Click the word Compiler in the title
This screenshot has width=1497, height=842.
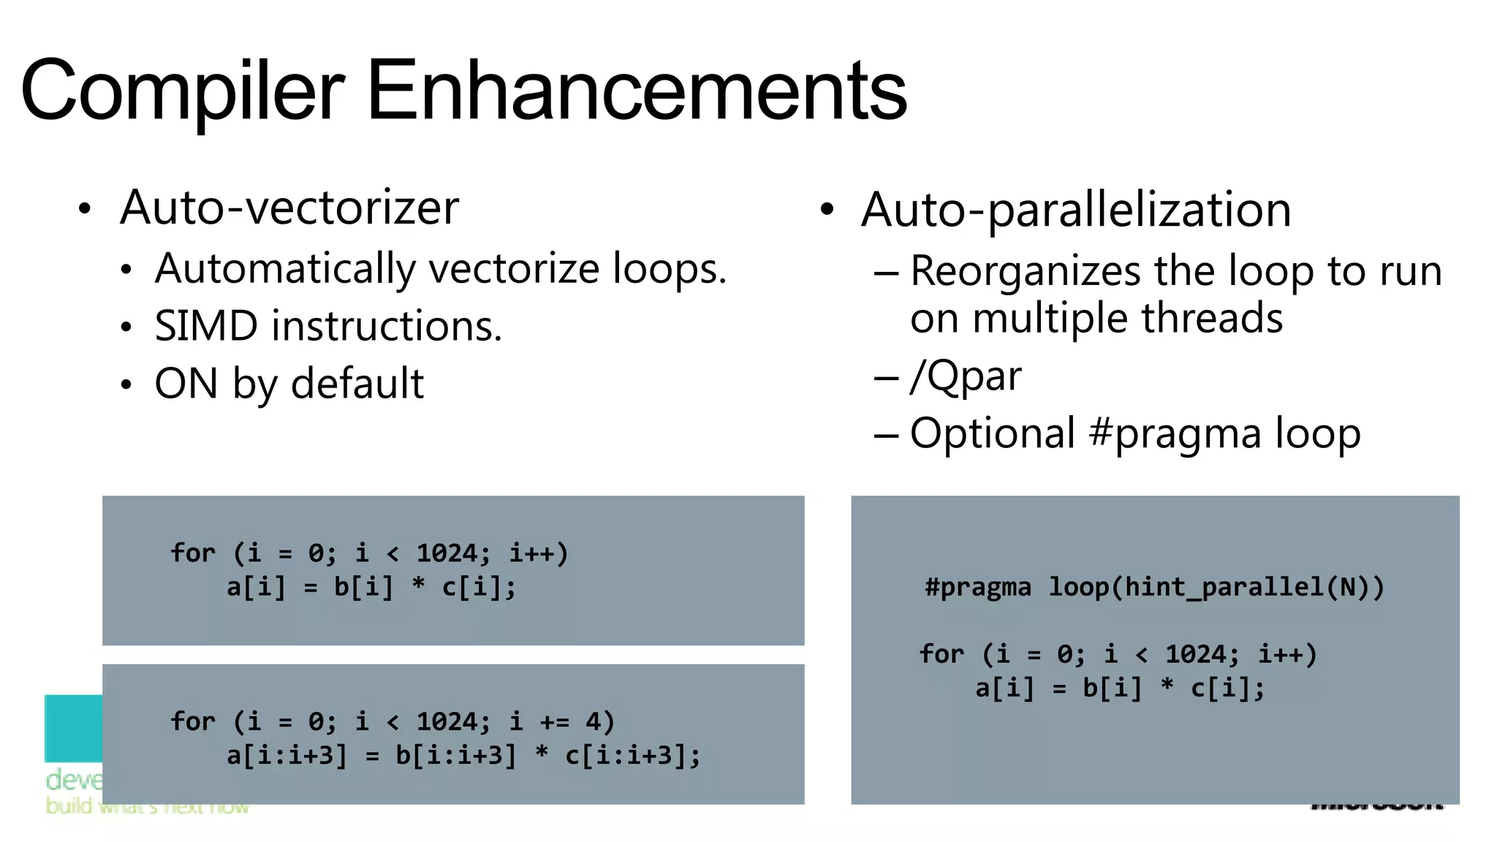(183, 91)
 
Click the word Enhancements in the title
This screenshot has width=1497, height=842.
(636, 91)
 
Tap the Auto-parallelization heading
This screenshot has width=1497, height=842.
(1076, 210)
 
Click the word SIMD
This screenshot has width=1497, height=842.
(206, 326)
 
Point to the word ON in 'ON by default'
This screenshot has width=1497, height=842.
(186, 384)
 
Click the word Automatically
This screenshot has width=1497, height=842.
(285, 269)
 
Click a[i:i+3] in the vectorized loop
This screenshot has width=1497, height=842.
(287, 756)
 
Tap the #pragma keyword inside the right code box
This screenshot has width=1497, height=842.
(977, 588)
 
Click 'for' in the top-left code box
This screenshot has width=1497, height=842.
(192, 553)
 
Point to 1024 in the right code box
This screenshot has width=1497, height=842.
(1195, 654)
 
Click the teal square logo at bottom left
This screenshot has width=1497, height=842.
(73, 728)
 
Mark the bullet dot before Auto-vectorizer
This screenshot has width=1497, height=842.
(86, 210)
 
